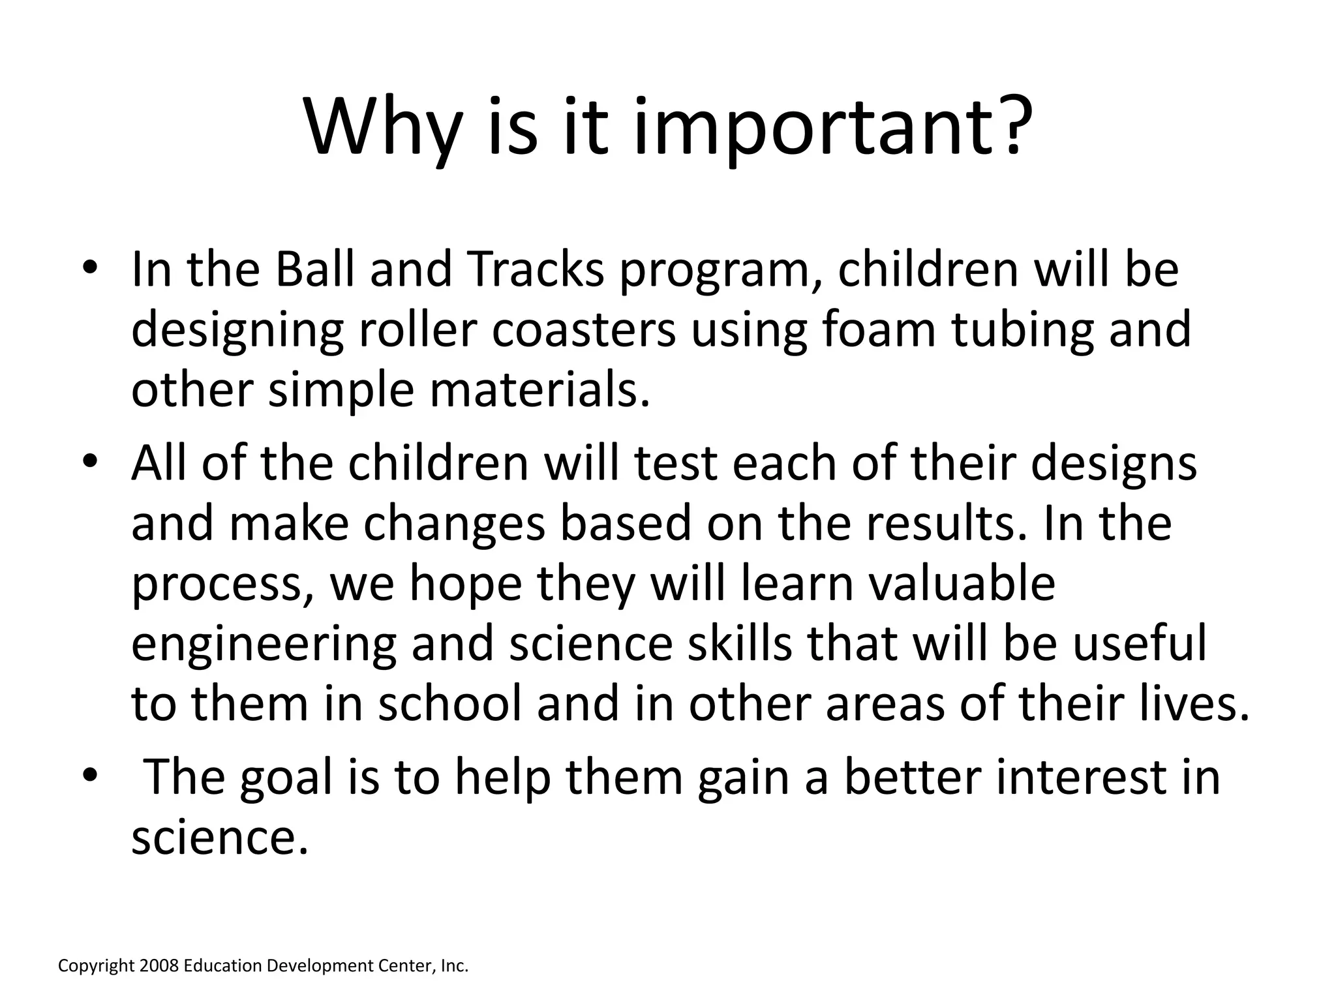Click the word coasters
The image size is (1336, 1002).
click(583, 329)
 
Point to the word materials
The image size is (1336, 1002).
click(540, 390)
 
